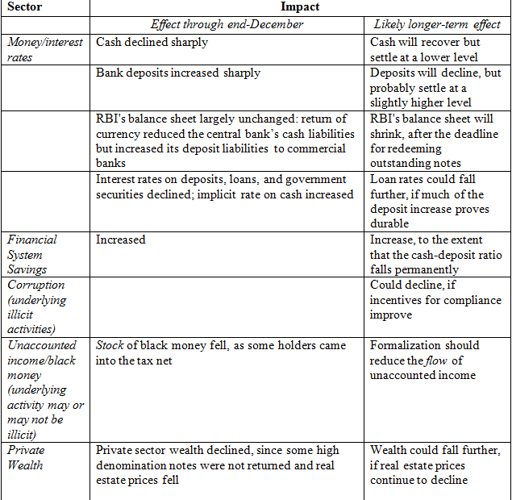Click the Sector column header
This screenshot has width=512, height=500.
(x=24, y=8)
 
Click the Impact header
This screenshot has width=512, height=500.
(x=300, y=7)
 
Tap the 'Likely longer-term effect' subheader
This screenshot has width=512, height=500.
(x=437, y=25)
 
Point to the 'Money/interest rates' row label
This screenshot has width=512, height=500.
(x=45, y=49)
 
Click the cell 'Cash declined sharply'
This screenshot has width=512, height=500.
(x=152, y=42)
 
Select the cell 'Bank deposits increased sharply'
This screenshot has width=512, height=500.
(x=177, y=73)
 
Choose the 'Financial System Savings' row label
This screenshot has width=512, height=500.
(x=33, y=254)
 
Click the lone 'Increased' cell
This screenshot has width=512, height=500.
(x=120, y=240)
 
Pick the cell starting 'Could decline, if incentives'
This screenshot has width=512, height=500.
(x=435, y=300)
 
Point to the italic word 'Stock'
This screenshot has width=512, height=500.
(x=110, y=345)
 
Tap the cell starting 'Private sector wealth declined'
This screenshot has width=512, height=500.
(x=218, y=465)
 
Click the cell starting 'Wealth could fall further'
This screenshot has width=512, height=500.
(x=435, y=465)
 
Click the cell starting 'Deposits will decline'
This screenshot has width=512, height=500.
(x=435, y=87)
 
